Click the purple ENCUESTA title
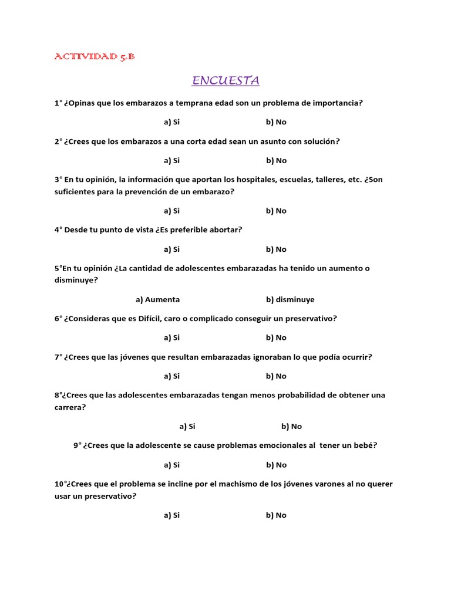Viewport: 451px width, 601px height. point(225,80)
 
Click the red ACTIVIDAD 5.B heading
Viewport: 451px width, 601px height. point(95,56)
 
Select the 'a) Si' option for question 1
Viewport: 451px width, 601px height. point(171,122)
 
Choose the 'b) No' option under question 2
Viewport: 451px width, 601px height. point(276,160)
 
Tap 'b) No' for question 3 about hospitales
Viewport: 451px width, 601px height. point(276,211)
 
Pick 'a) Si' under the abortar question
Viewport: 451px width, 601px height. point(171,249)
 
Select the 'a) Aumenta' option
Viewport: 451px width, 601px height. point(157,299)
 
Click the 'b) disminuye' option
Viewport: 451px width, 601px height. point(290,299)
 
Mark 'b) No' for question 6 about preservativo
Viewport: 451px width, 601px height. point(276,337)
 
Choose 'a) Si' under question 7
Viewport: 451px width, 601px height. point(171,376)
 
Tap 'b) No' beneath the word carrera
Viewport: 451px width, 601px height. point(291,427)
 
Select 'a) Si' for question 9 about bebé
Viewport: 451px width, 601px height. point(171,465)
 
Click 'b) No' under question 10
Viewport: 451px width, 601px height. point(276,515)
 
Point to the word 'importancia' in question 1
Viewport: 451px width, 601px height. point(338,103)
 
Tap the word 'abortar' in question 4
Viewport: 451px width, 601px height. point(223,230)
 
